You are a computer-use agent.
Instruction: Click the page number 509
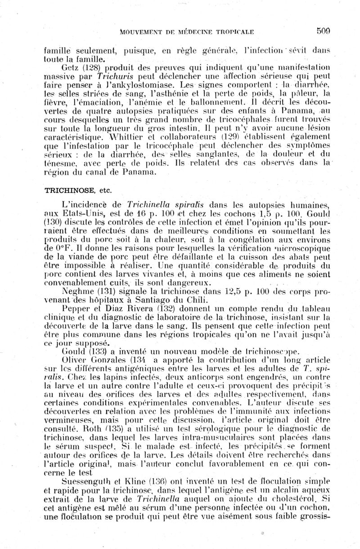tap(323, 31)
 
